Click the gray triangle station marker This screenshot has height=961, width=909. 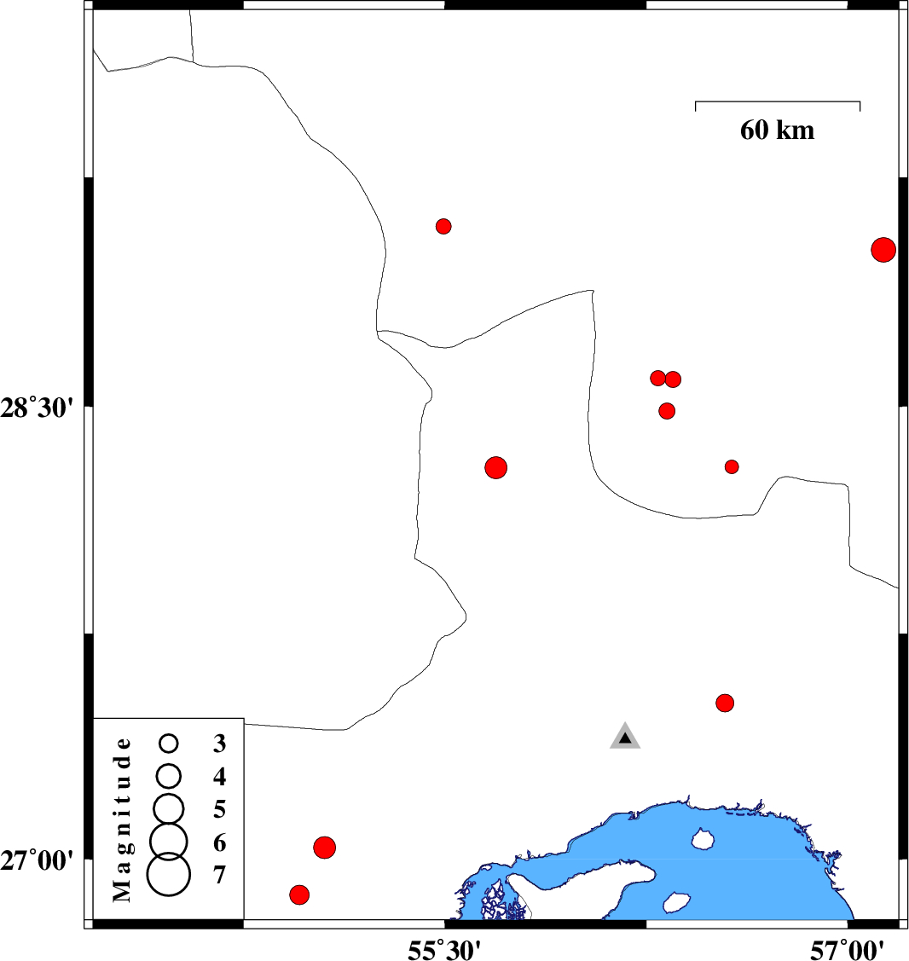(x=625, y=738)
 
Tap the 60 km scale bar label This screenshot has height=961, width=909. (x=777, y=130)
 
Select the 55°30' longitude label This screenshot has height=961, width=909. (x=444, y=947)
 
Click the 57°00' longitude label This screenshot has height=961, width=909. (x=847, y=947)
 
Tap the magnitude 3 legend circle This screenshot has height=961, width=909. (x=169, y=744)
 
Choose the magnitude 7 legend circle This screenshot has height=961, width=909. (x=169, y=875)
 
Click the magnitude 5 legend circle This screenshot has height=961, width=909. (x=169, y=807)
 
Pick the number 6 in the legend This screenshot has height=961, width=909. (x=220, y=842)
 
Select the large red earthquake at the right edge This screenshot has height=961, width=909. (x=883, y=250)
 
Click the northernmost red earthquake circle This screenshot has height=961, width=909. (x=443, y=226)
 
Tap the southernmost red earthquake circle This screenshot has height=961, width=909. (x=299, y=894)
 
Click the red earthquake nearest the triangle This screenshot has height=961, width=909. (x=725, y=703)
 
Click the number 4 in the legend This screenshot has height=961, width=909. (x=220, y=777)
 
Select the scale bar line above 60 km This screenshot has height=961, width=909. (x=778, y=101)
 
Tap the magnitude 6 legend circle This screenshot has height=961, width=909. (x=169, y=841)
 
